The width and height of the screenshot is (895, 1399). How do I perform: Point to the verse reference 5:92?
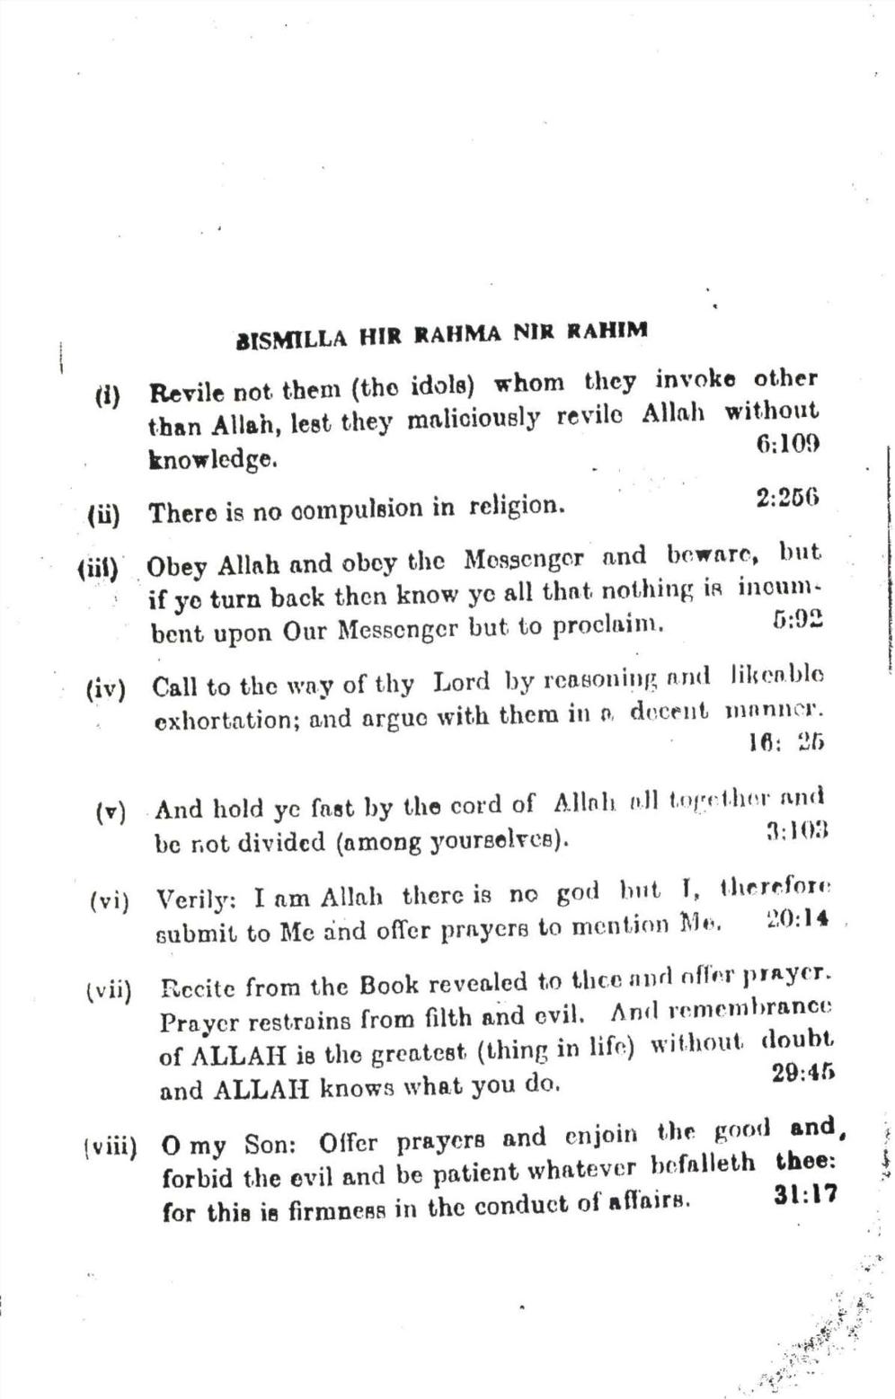[798, 620]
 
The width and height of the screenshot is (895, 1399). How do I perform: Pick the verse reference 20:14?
[798, 919]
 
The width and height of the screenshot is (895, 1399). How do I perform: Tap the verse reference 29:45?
[803, 1073]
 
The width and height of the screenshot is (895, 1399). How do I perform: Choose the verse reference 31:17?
[804, 1196]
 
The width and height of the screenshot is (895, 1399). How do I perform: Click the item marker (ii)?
[103, 515]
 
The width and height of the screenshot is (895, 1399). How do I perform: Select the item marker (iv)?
[105, 690]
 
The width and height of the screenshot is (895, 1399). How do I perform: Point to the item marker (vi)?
[109, 900]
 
